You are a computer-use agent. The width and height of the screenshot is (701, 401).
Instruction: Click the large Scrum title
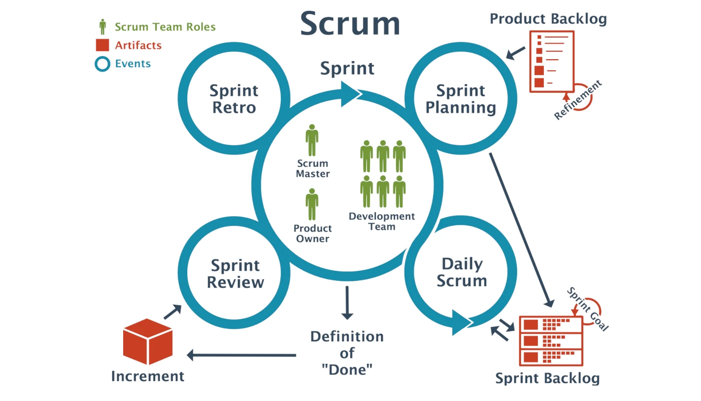tap(350, 23)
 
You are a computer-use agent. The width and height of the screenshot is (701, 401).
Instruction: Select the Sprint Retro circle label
tap(234, 99)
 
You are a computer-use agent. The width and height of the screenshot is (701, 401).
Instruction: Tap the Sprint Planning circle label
tap(461, 99)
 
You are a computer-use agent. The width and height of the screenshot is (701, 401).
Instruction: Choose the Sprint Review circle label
tap(235, 273)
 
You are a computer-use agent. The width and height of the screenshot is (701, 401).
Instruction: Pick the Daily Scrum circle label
tap(462, 272)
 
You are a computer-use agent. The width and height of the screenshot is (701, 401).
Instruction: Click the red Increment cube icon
tap(148, 342)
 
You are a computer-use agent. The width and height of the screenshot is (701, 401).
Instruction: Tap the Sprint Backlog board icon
tap(551, 341)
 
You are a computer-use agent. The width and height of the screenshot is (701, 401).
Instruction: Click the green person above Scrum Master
tap(312, 140)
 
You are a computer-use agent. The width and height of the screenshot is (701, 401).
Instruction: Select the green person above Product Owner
tap(312, 205)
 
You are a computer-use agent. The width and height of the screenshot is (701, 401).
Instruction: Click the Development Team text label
tap(382, 221)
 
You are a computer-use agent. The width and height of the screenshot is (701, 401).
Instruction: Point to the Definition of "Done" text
tap(347, 353)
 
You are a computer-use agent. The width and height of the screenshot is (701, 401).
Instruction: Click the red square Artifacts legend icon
tap(102, 45)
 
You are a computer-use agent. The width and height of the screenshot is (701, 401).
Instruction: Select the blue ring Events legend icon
tap(102, 64)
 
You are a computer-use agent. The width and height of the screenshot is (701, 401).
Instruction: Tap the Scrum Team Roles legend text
tap(165, 27)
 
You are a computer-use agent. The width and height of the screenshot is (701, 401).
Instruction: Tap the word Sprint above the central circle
tap(347, 68)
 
